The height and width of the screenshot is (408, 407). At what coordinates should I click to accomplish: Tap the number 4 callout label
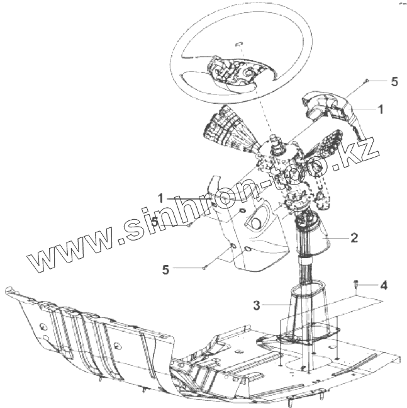tap(383, 285)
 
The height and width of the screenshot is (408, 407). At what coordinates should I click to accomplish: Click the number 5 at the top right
tap(394, 82)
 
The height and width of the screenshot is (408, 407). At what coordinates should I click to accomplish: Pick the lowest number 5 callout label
tap(165, 269)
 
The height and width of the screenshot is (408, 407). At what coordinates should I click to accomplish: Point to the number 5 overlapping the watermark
tap(155, 222)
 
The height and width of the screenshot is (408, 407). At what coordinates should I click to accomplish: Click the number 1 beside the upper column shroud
tap(381, 108)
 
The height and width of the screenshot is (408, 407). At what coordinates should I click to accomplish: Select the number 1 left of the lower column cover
tap(161, 198)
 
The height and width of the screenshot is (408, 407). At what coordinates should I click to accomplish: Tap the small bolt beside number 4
tap(357, 285)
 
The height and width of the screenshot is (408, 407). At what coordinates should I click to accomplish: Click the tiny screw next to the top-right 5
tap(366, 82)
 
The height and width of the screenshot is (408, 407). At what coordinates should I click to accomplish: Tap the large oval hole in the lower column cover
tap(255, 222)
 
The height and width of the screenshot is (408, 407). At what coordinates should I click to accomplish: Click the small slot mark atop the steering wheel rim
tap(238, 43)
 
